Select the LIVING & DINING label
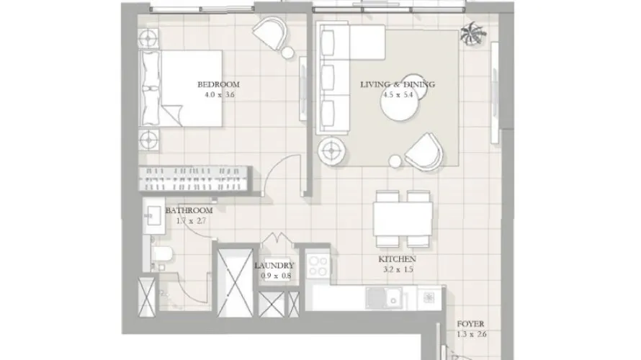coord(398,84)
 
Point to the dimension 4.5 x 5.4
coord(398,94)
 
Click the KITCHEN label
coord(397,259)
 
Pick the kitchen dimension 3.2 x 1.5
coord(397,270)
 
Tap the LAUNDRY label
coord(274,265)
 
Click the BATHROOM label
coord(189,210)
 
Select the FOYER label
coord(471,325)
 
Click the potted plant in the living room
coord(472,33)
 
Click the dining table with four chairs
coord(403,217)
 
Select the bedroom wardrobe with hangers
coord(194,177)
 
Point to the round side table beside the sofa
coord(331,150)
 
